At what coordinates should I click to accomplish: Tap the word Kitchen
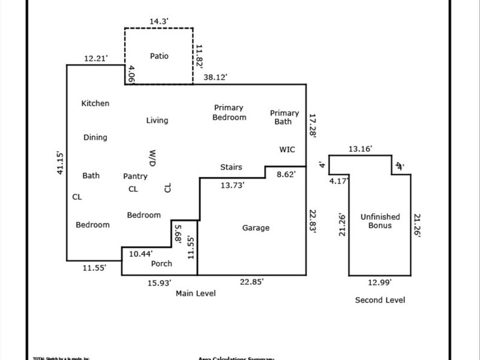(95, 103)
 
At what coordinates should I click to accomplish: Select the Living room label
(157, 121)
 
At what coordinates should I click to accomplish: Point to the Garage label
(256, 228)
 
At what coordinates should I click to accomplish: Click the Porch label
(161, 263)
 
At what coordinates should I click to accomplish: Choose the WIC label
(287, 149)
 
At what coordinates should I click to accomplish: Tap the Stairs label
(232, 167)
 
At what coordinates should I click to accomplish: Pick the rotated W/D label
(152, 158)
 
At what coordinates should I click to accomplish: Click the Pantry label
(136, 176)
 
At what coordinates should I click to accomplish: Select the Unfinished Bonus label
(376, 221)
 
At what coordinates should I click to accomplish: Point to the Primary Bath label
(284, 117)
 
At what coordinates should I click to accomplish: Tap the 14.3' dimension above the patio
(159, 22)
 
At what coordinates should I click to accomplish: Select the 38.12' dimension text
(215, 77)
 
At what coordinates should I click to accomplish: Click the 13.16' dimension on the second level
(360, 148)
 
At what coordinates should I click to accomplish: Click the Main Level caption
(196, 293)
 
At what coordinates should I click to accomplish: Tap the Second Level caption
(380, 300)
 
